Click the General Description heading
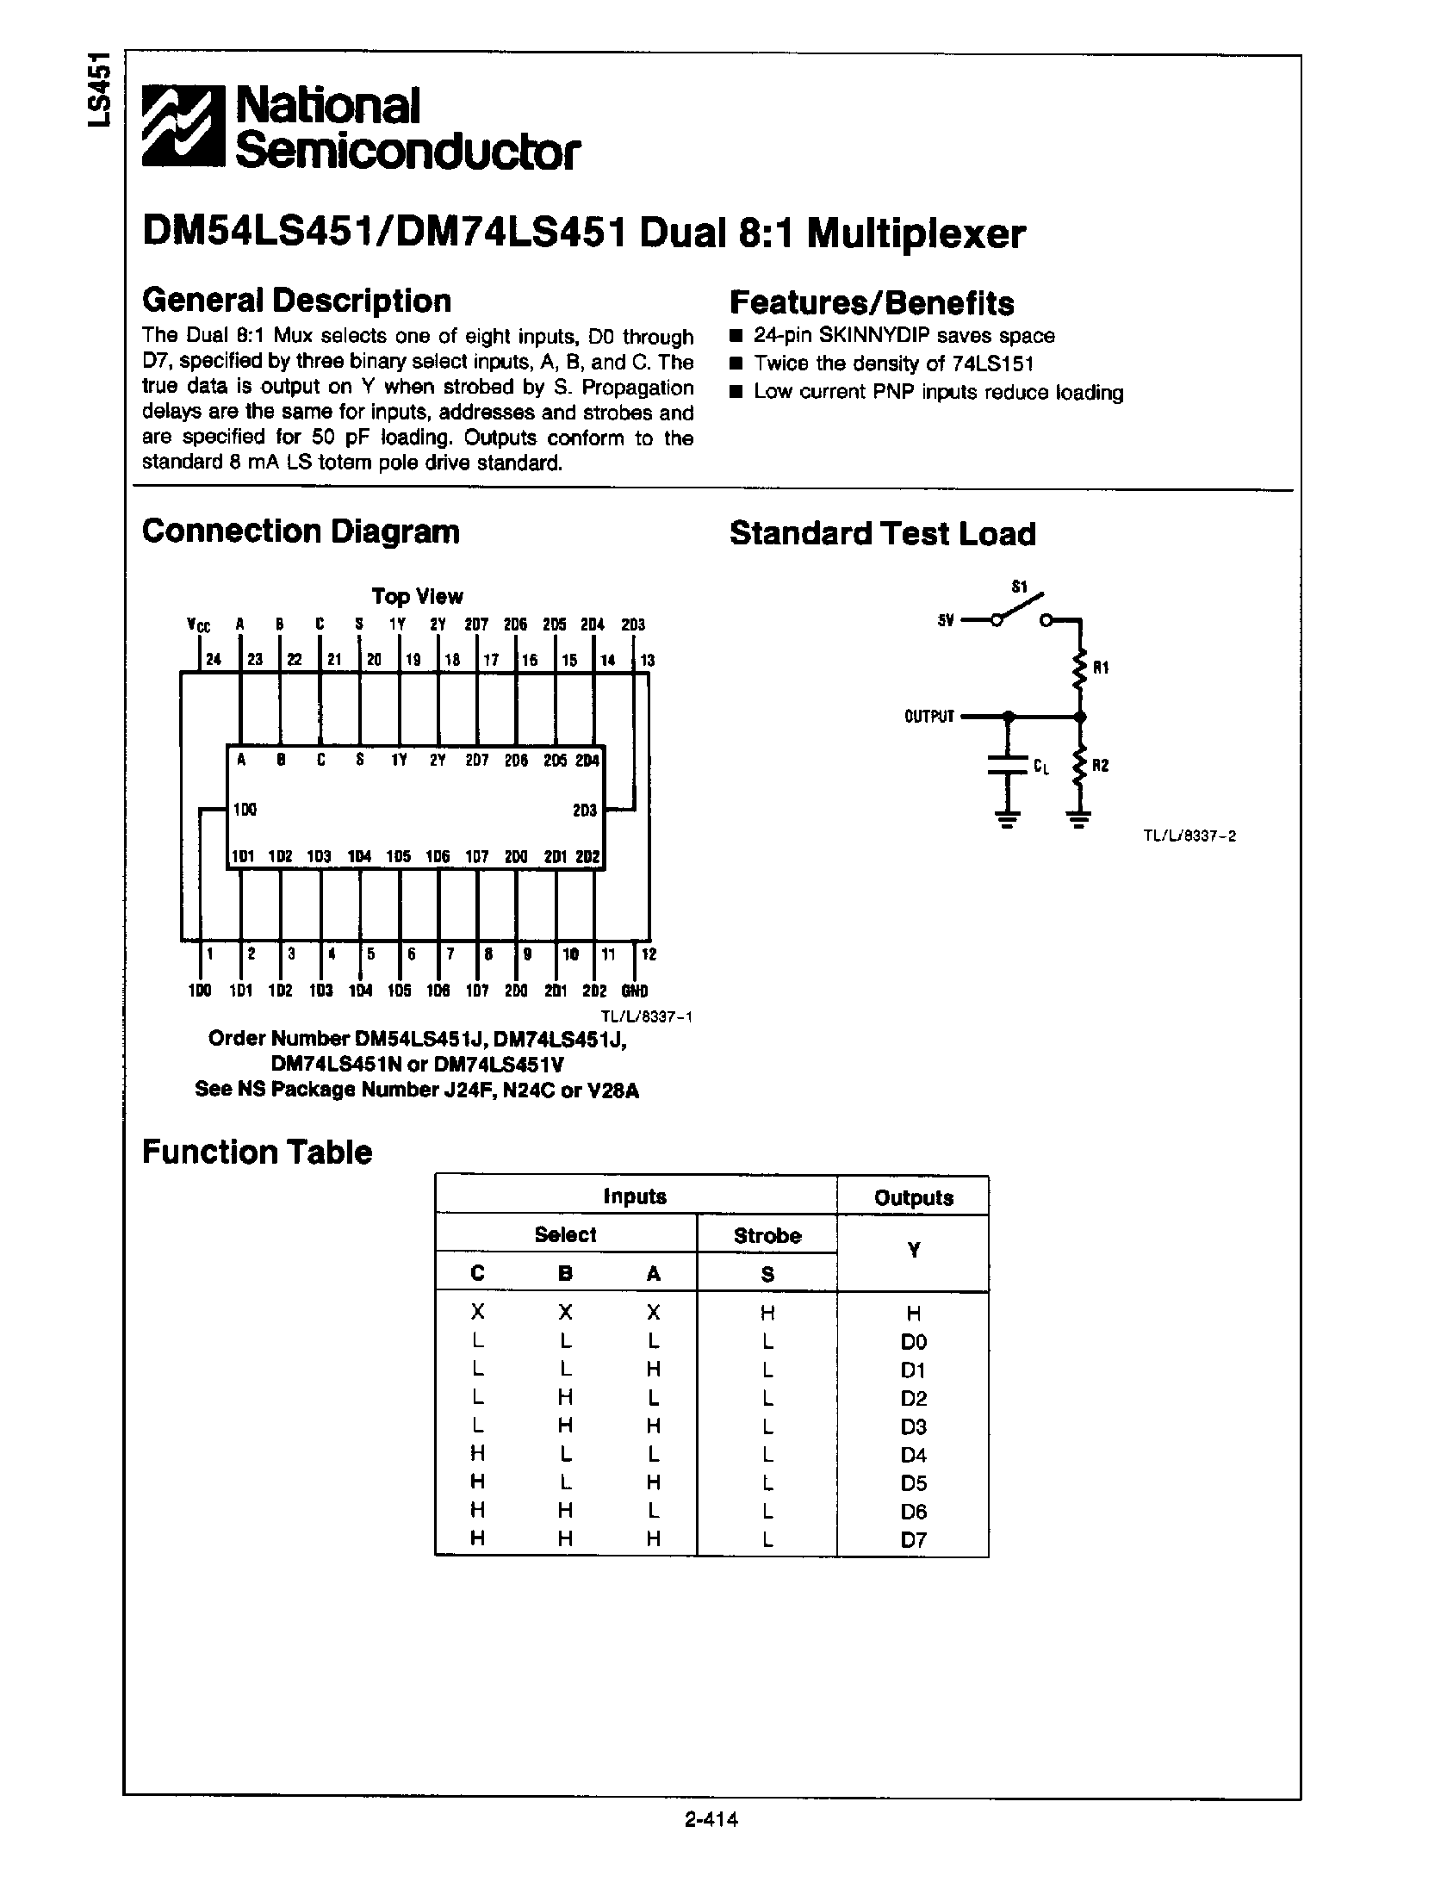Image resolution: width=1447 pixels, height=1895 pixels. coord(296,301)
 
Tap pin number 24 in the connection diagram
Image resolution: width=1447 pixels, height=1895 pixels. coord(213,661)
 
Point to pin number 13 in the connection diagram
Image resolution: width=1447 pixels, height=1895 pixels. coord(647,661)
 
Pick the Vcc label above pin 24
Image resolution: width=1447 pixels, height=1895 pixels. coord(199,624)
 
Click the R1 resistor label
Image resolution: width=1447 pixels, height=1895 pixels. coord(1100,668)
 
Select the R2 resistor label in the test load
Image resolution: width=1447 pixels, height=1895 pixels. coord(1100,766)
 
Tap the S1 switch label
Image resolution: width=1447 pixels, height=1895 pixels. coord(1020,587)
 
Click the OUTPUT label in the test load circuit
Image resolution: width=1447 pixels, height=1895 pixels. coord(929,716)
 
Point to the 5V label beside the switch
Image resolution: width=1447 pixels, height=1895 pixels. coord(947,620)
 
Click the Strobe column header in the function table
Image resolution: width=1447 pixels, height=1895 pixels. coord(767,1235)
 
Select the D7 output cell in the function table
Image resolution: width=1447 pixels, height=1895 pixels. coord(913,1540)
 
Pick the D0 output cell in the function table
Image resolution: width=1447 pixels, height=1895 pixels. coord(913,1341)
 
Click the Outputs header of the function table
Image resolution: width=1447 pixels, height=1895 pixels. coord(913,1197)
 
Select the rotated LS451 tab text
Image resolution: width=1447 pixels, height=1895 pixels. coord(101,90)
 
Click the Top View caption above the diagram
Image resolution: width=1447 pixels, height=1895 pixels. coord(417,596)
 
